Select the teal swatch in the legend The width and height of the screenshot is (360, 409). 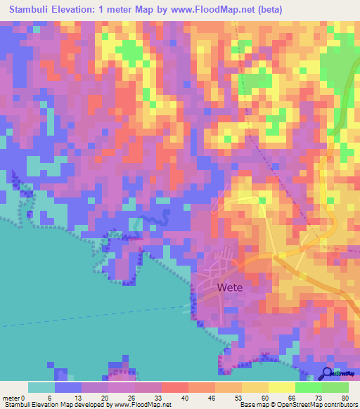pyautogui.click(x=41, y=387)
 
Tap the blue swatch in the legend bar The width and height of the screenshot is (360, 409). pyautogui.click(x=68, y=387)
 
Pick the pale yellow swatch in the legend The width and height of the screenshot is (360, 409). pyautogui.click(x=282, y=387)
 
